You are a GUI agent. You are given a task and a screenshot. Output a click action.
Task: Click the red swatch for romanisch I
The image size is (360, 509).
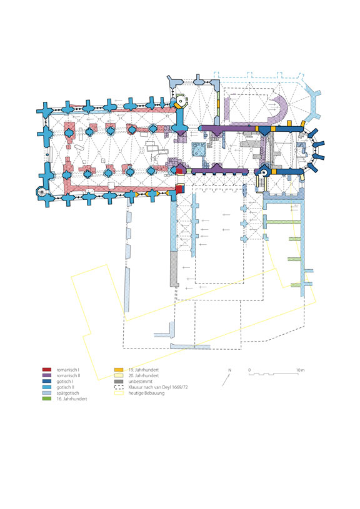click(47, 370)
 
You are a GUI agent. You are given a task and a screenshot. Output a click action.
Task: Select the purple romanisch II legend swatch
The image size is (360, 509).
click(47, 375)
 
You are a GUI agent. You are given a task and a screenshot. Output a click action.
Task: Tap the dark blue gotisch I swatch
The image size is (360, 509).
click(47, 382)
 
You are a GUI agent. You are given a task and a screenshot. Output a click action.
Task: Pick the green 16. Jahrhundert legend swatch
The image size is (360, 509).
click(47, 399)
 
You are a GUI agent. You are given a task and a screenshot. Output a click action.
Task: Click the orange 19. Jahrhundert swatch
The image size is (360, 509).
click(119, 370)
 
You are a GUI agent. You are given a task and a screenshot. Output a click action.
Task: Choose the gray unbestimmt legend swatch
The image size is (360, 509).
click(119, 382)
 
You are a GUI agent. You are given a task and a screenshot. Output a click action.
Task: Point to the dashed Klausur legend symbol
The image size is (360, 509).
click(119, 387)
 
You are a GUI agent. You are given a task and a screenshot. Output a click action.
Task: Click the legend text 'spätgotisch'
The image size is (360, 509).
click(67, 393)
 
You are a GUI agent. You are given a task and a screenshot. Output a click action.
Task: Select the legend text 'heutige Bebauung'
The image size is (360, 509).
click(146, 393)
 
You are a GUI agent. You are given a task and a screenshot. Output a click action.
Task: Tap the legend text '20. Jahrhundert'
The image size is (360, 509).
click(144, 375)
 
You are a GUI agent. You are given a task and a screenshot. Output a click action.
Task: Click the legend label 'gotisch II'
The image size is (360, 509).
click(65, 387)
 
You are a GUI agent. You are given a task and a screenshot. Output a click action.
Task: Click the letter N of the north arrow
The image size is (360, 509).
click(230, 370)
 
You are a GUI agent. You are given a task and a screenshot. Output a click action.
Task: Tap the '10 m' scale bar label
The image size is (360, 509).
click(300, 370)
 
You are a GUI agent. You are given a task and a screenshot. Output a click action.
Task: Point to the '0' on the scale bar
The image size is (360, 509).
click(249, 370)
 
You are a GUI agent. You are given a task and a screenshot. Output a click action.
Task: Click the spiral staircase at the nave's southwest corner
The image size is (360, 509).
click(42, 192)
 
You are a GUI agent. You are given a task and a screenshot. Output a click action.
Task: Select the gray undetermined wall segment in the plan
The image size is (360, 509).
click(174, 269)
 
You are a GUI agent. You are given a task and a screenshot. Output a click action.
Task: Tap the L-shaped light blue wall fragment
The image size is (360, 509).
click(165, 331)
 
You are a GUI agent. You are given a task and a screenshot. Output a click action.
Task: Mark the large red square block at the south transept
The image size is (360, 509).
click(179, 189)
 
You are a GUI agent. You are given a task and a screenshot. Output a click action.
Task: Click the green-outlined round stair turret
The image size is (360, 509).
click(181, 101)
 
